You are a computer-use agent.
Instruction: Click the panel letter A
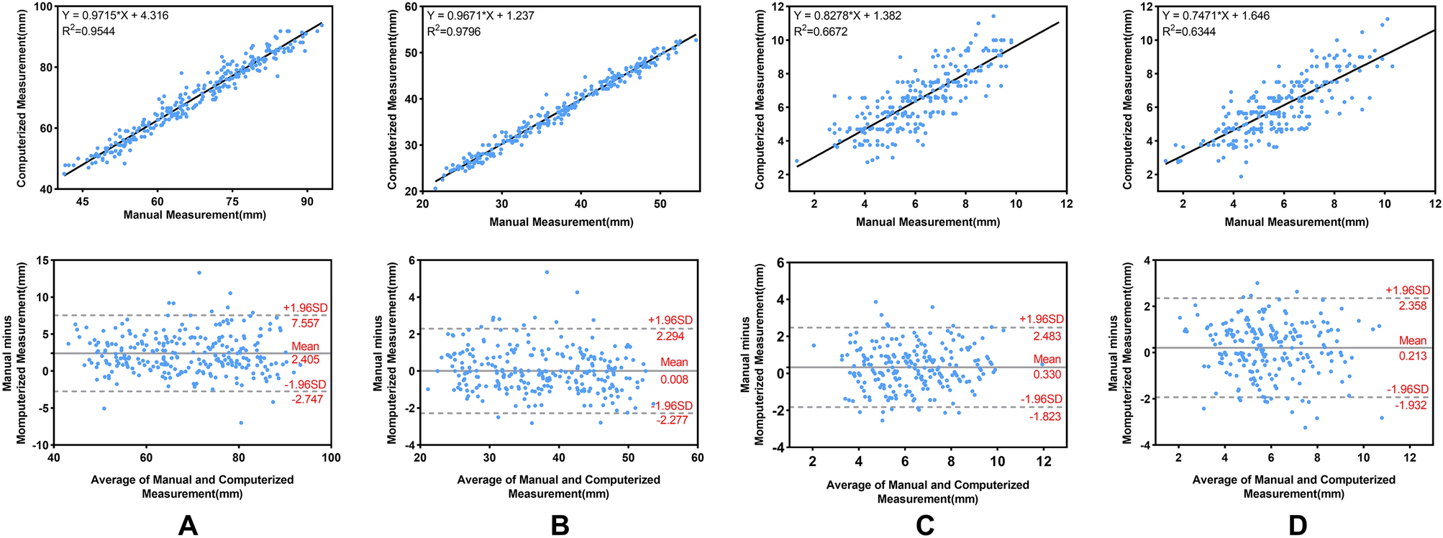point(188,526)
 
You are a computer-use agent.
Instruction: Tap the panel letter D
point(1298,526)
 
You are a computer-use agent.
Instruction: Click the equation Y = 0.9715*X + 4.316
point(116,15)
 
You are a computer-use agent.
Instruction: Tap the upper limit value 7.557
point(305,323)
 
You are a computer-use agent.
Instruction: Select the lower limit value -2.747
point(305,398)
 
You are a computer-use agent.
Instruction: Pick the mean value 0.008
point(674,379)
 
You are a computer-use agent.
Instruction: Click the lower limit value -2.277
point(673,419)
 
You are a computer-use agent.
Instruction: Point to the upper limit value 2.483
point(1046,336)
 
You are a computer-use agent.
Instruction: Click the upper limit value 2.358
point(1412,306)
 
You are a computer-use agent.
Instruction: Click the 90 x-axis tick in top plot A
point(307,202)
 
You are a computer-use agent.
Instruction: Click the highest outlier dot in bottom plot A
point(199,273)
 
